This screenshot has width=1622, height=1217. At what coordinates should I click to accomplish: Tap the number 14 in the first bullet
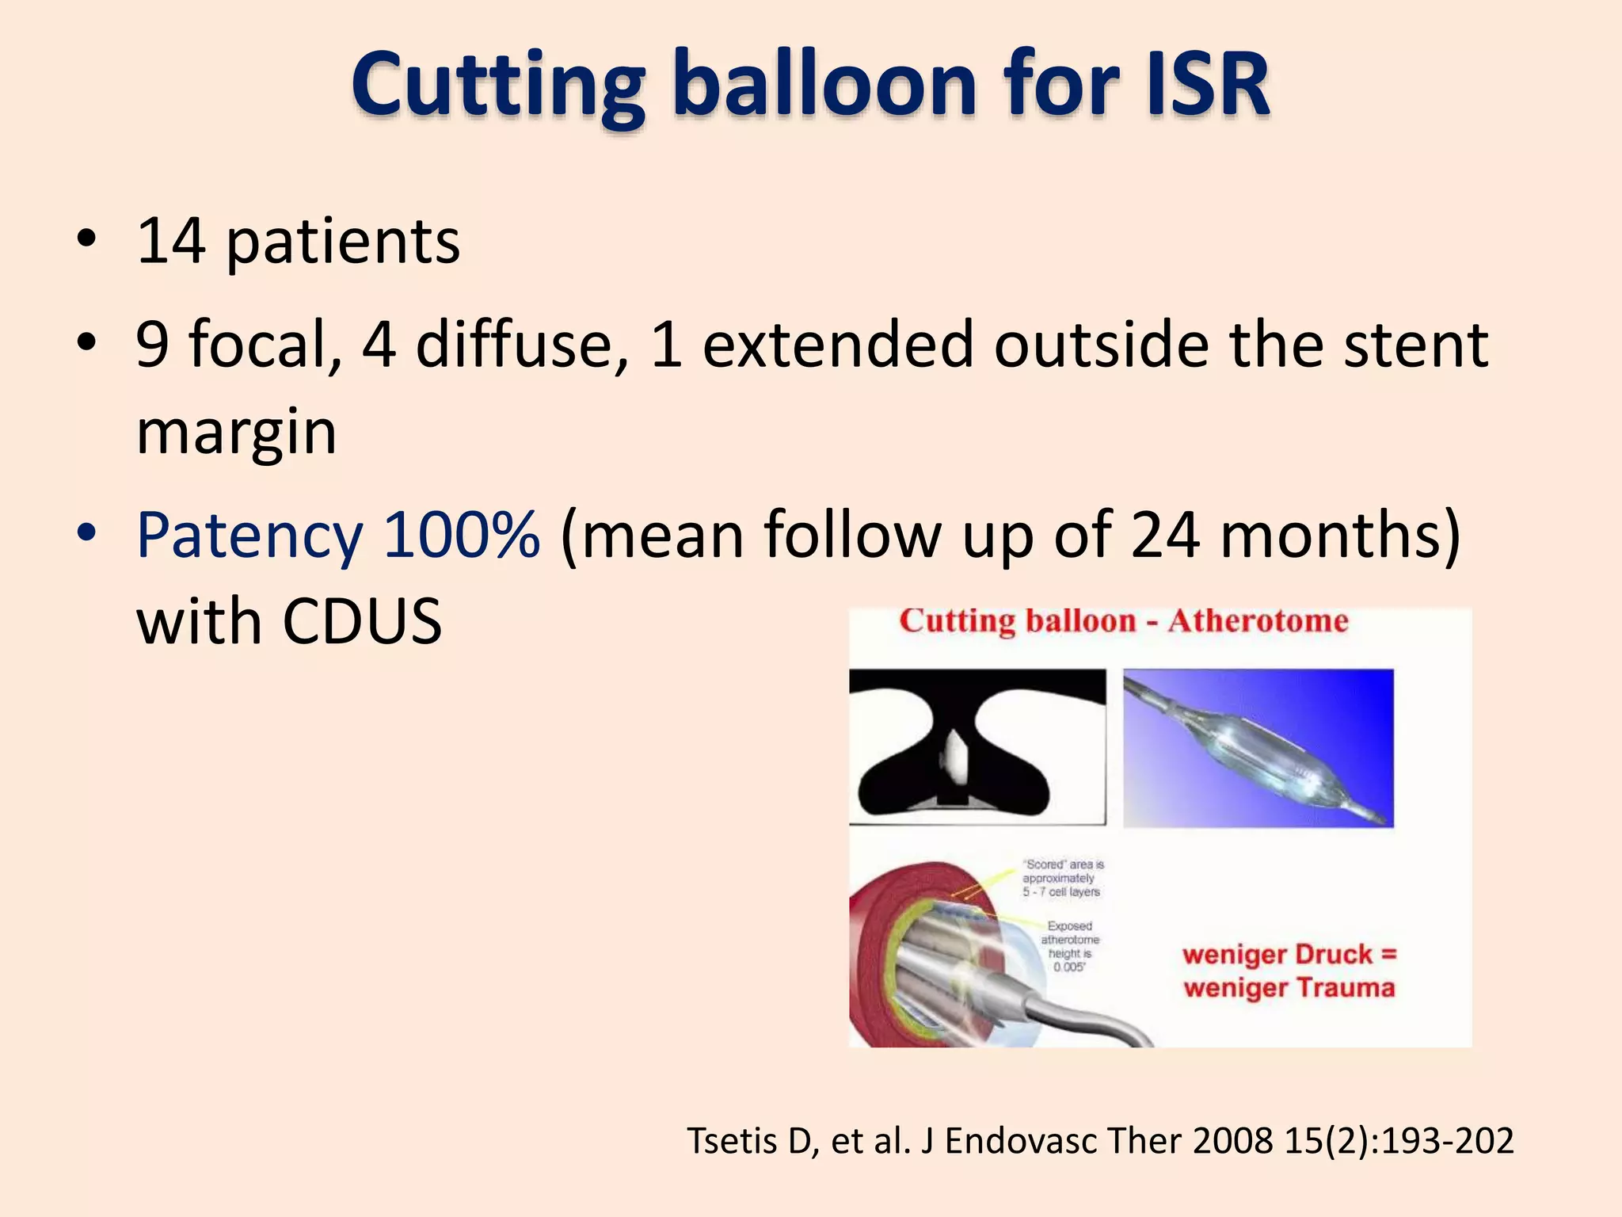pyautogui.click(x=171, y=241)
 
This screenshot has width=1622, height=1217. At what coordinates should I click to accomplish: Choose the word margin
pyautogui.click(x=236, y=434)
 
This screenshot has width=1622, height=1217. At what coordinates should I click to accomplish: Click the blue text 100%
pyautogui.click(x=461, y=536)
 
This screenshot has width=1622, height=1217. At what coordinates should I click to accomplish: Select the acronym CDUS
pyautogui.click(x=362, y=622)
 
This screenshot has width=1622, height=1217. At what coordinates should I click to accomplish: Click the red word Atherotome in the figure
pyautogui.click(x=1257, y=621)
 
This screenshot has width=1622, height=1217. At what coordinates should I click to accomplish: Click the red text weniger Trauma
pyautogui.click(x=1289, y=988)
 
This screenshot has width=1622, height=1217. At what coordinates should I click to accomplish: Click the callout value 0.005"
pyautogui.click(x=1068, y=967)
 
